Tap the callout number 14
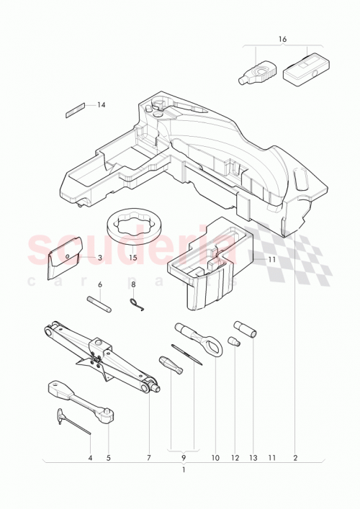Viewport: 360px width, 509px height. [x=102, y=105]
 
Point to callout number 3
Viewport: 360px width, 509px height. [x=99, y=257]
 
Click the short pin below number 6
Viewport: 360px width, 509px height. [x=101, y=303]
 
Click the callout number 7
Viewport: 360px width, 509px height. [x=149, y=457]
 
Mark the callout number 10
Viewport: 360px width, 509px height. [x=215, y=457]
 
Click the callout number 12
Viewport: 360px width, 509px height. [x=235, y=457]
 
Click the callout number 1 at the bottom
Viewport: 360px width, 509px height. [x=184, y=471]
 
